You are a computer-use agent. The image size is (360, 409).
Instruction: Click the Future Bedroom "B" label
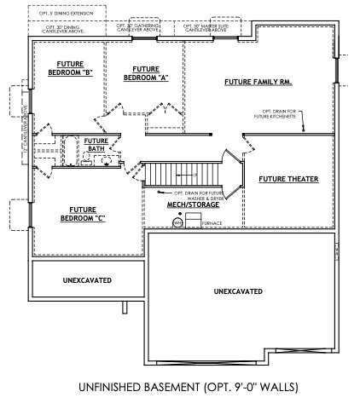coord(74,67)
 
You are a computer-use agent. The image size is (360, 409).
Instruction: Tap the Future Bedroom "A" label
coord(142,73)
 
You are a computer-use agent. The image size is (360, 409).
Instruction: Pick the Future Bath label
coord(96,145)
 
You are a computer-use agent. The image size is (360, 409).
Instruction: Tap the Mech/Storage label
coord(192,205)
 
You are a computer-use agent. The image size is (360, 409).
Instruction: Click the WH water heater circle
coord(177,222)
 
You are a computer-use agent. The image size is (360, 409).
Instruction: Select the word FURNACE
coord(212,223)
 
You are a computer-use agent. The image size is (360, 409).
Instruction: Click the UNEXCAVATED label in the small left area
coord(86,279)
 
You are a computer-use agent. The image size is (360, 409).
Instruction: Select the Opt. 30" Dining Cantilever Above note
coord(68,28)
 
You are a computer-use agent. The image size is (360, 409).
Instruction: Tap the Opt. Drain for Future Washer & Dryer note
coord(195,195)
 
